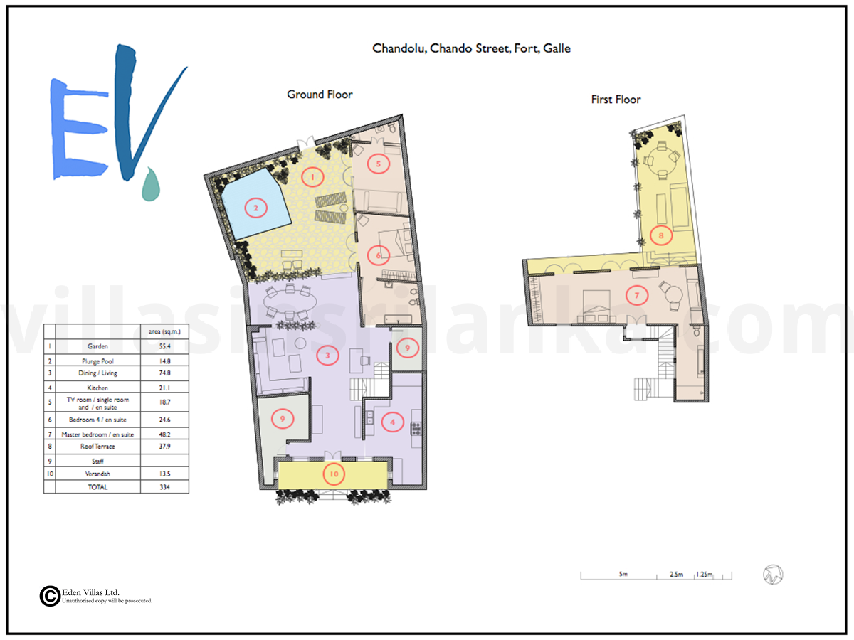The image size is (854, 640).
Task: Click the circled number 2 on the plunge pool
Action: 255,208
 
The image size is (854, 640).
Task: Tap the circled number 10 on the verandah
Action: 334,474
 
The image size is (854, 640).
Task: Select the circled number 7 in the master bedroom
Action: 637,295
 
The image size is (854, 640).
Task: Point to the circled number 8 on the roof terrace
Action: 661,235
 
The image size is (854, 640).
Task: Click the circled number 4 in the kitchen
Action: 392,422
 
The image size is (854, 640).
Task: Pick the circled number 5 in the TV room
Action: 378,164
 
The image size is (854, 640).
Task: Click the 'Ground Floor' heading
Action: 320,95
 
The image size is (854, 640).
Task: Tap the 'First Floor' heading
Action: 616,100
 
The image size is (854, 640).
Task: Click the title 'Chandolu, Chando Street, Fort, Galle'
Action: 471,48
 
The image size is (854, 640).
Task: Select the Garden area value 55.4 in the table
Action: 164,346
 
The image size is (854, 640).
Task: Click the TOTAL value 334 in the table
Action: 164,487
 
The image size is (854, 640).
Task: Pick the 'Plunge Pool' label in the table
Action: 97,361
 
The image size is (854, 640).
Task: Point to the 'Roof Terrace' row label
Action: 97,447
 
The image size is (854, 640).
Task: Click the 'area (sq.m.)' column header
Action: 164,331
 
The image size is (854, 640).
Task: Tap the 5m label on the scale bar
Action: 623,574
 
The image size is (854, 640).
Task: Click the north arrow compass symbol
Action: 773,575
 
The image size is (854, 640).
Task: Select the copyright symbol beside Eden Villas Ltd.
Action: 51,596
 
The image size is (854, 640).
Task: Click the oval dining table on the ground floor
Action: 290,301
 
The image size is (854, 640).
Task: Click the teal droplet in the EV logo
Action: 151,185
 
